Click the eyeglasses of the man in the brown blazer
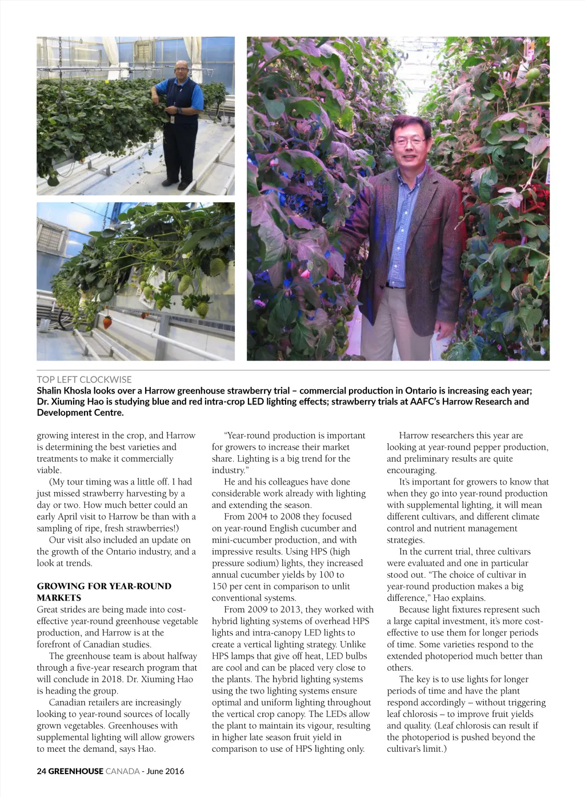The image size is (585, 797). pos(409,141)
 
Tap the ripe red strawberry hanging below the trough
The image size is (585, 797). pos(107,323)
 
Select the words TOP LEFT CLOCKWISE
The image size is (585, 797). pos(84,379)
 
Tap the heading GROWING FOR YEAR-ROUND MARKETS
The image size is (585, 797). pos(104,592)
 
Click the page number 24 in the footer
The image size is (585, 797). pos(41,771)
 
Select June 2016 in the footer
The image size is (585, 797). pos(166,771)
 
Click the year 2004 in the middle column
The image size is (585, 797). pos(257,516)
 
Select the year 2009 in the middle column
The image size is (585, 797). pos(257,610)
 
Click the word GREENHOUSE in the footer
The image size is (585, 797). pos(75,771)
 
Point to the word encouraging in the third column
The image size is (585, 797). pos(411,470)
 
